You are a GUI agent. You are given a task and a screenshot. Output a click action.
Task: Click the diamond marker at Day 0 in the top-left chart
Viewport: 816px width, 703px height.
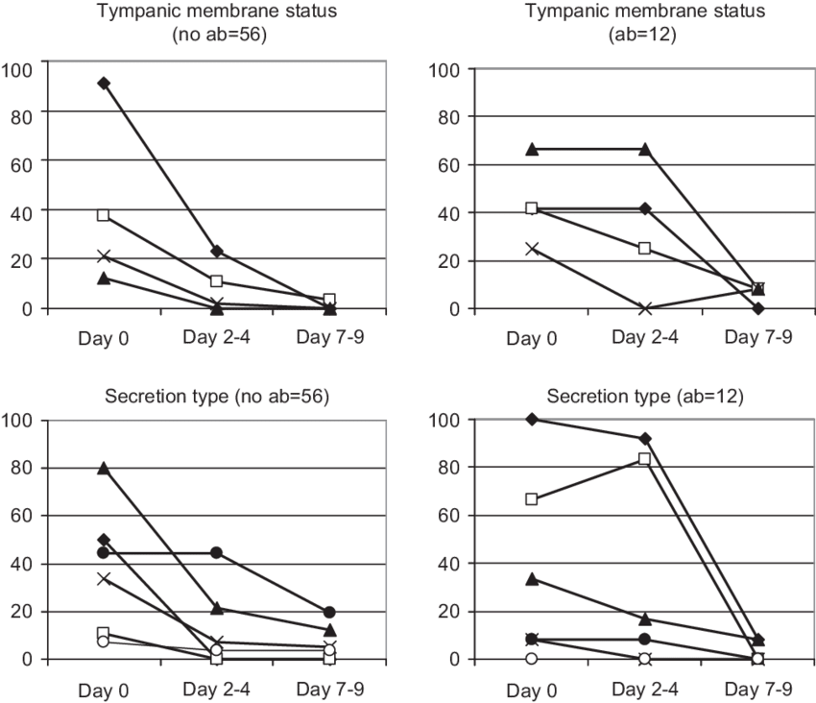pyautogui.click(x=104, y=84)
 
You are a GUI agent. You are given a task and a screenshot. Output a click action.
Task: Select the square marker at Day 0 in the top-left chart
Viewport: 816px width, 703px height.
pyautogui.click(x=104, y=215)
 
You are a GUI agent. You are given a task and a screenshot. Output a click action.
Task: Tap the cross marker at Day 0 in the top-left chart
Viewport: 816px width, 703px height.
pyautogui.click(x=104, y=256)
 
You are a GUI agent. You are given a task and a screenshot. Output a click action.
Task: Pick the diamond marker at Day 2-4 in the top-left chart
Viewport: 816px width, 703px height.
pyautogui.click(x=217, y=251)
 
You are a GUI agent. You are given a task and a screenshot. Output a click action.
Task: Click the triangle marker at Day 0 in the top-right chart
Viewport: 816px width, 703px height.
pyautogui.click(x=533, y=149)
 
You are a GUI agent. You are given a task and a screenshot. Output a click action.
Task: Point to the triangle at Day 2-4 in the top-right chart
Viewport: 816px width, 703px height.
pyautogui.click(x=645, y=149)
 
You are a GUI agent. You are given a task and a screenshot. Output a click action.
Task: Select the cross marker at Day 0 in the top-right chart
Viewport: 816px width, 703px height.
pyautogui.click(x=533, y=249)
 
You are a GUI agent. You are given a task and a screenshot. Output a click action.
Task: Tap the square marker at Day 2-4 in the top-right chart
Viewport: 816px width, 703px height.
pyautogui.click(x=645, y=249)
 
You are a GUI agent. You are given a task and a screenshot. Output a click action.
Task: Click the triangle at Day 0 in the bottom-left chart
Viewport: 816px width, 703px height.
pyautogui.click(x=104, y=469)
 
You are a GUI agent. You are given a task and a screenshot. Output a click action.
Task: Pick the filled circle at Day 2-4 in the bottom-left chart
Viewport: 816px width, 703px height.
pyautogui.click(x=217, y=552)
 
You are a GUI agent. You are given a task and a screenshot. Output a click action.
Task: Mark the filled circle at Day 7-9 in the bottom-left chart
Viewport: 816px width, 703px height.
pyautogui.click(x=329, y=612)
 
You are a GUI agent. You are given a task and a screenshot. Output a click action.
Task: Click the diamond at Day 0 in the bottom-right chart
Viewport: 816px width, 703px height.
pyautogui.click(x=533, y=419)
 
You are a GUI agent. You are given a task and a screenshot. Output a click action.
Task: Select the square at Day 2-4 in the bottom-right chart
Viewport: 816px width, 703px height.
pyautogui.click(x=645, y=459)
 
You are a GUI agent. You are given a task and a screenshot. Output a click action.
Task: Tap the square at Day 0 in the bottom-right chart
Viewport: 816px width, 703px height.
pyautogui.click(x=533, y=499)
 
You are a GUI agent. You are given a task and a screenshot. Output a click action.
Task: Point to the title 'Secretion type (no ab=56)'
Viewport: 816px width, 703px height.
pyautogui.click(x=217, y=395)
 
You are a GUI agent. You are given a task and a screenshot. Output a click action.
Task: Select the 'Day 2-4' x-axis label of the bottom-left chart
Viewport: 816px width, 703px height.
pyautogui.click(x=217, y=689)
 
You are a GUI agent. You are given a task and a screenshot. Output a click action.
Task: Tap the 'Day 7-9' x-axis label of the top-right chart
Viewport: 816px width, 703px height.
pyautogui.click(x=758, y=338)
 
